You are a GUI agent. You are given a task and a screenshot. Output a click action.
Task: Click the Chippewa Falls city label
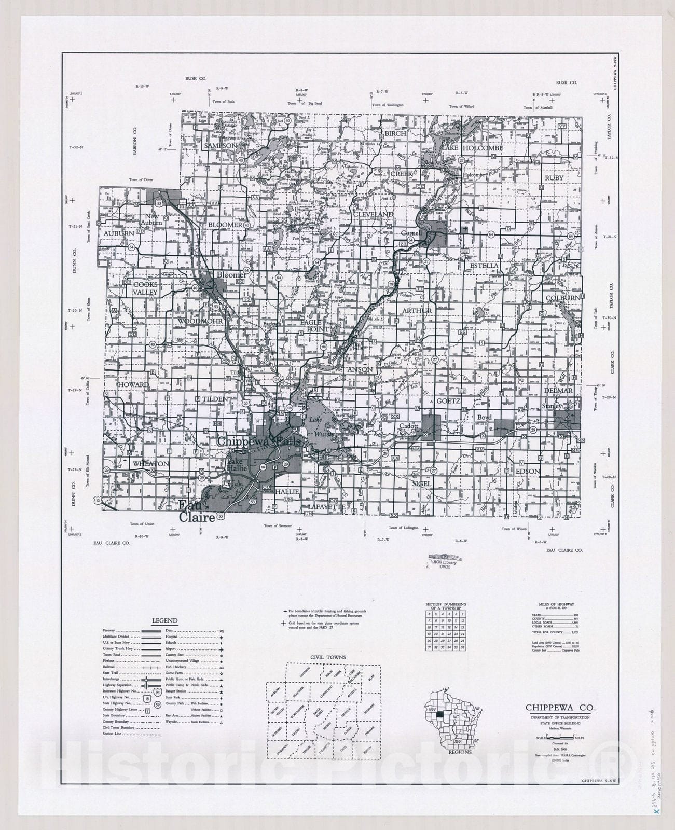tap(255, 441)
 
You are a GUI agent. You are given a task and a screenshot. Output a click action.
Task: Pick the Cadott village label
tap(409, 426)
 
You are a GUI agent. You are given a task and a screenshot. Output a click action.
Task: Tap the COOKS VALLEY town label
tap(145, 288)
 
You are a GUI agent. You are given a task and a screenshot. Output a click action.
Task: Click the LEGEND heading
tap(164, 620)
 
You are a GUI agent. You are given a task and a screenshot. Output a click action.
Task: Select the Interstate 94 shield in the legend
tap(156, 693)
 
